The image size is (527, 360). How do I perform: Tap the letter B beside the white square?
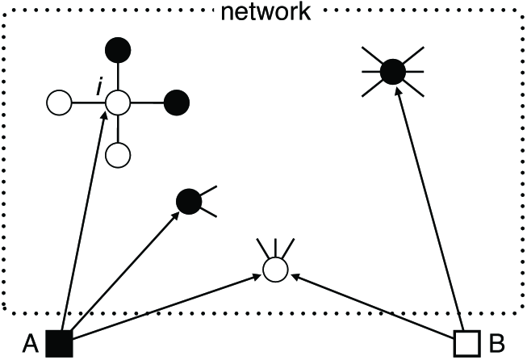496,344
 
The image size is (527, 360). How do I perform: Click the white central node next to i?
119,103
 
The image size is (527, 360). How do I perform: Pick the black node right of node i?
176,103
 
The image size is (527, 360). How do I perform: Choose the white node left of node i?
60,103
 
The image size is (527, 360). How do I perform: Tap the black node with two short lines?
189,200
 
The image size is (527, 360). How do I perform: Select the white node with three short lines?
274,270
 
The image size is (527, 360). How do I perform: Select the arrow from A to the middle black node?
121,272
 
